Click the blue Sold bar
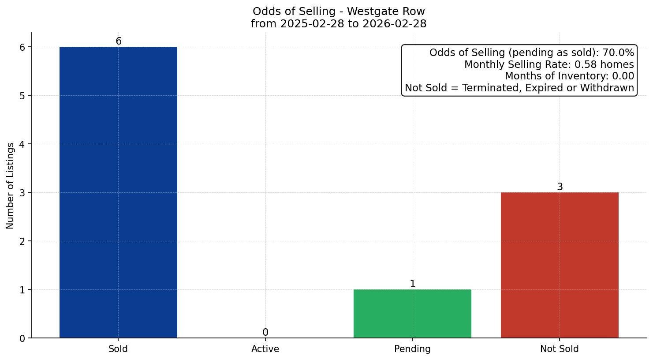tap(118, 192)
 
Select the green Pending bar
tap(412, 314)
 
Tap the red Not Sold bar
tap(560, 265)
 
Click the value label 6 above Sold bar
tap(118, 41)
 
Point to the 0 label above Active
tap(265, 333)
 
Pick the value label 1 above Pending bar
tap(412, 284)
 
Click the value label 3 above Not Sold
tap(560, 187)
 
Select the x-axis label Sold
tap(118, 349)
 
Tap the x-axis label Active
tap(265, 349)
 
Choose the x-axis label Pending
tap(412, 349)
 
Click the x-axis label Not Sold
tap(560, 349)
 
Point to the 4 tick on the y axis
tap(22, 144)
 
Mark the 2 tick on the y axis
tap(22, 241)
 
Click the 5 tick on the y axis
tap(22, 96)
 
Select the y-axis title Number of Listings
tap(11, 186)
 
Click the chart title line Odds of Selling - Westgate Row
tap(339, 11)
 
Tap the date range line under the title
tap(339, 24)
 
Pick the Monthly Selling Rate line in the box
tap(549, 65)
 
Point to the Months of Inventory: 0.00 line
tap(569, 76)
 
